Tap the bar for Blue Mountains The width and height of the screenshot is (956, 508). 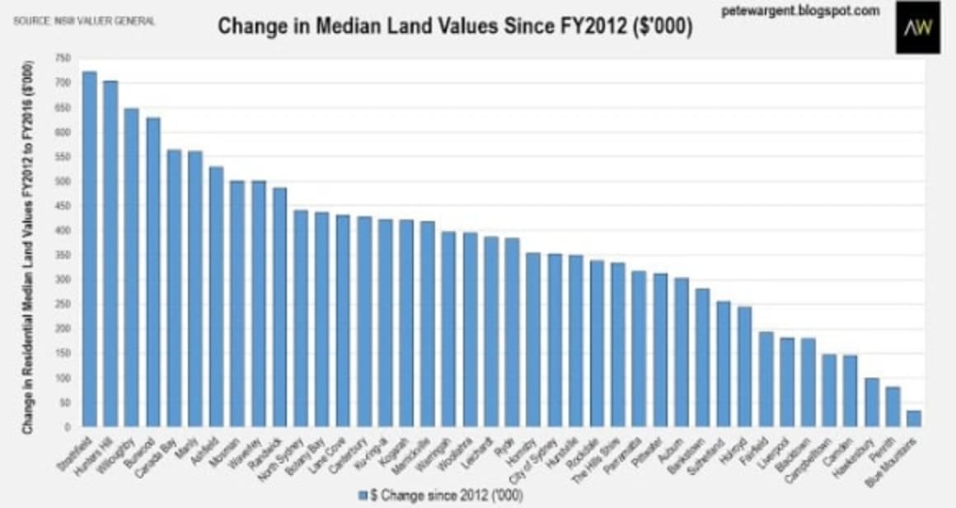tap(914, 418)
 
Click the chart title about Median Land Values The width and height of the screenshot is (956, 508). tap(454, 26)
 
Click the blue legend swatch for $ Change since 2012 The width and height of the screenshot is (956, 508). tap(363, 495)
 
